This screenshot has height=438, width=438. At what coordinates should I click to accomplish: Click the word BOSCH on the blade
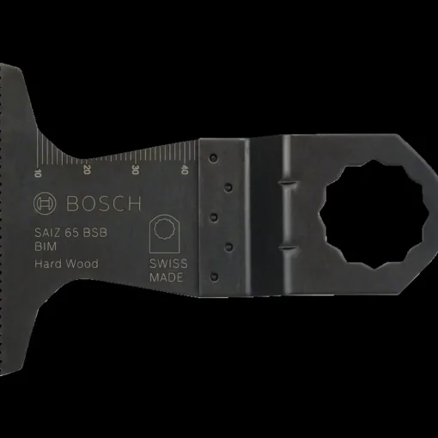[103, 204]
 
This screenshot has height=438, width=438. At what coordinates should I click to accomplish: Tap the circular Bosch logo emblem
[45, 204]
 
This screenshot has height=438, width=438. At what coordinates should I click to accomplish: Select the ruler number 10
[38, 173]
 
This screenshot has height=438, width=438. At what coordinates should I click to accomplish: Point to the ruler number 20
[87, 169]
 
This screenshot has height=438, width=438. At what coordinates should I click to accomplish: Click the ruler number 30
[135, 170]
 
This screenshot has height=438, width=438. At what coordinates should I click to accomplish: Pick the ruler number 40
[185, 169]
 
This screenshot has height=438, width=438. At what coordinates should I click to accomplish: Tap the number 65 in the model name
[71, 233]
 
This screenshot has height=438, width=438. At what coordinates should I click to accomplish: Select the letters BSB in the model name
[95, 233]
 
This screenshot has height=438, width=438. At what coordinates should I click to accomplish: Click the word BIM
[46, 246]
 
